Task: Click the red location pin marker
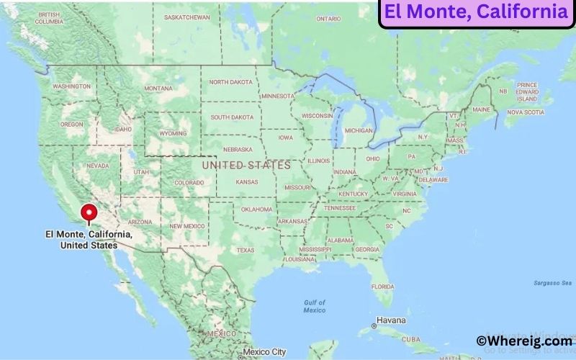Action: [x=89, y=214]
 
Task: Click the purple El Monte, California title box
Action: [x=476, y=13]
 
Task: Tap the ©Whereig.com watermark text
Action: [x=525, y=341]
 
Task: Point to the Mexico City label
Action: [x=265, y=352]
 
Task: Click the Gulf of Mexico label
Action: [x=315, y=306]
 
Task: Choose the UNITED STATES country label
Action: [x=246, y=165]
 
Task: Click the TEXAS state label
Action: [x=246, y=251]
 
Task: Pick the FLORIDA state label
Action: [x=382, y=286]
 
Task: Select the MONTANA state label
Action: [x=158, y=89]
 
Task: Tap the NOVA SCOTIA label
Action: [x=525, y=112]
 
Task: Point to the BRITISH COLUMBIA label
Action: [x=49, y=18]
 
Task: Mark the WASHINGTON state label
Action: [x=71, y=86]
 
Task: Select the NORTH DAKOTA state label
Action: [x=230, y=82]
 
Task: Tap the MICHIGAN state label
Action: [x=359, y=130]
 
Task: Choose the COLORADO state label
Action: [x=189, y=183]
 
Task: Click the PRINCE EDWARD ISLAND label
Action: [x=527, y=92]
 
